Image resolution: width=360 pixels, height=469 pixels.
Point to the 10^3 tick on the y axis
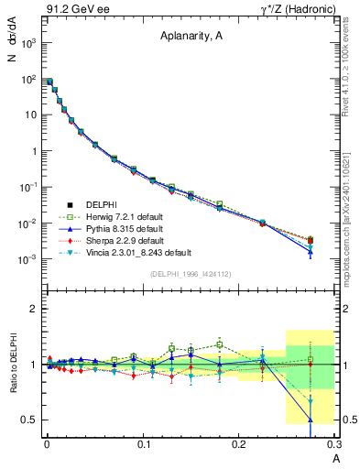pos(28,43)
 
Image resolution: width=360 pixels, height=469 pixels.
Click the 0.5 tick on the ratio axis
pos(28,420)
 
